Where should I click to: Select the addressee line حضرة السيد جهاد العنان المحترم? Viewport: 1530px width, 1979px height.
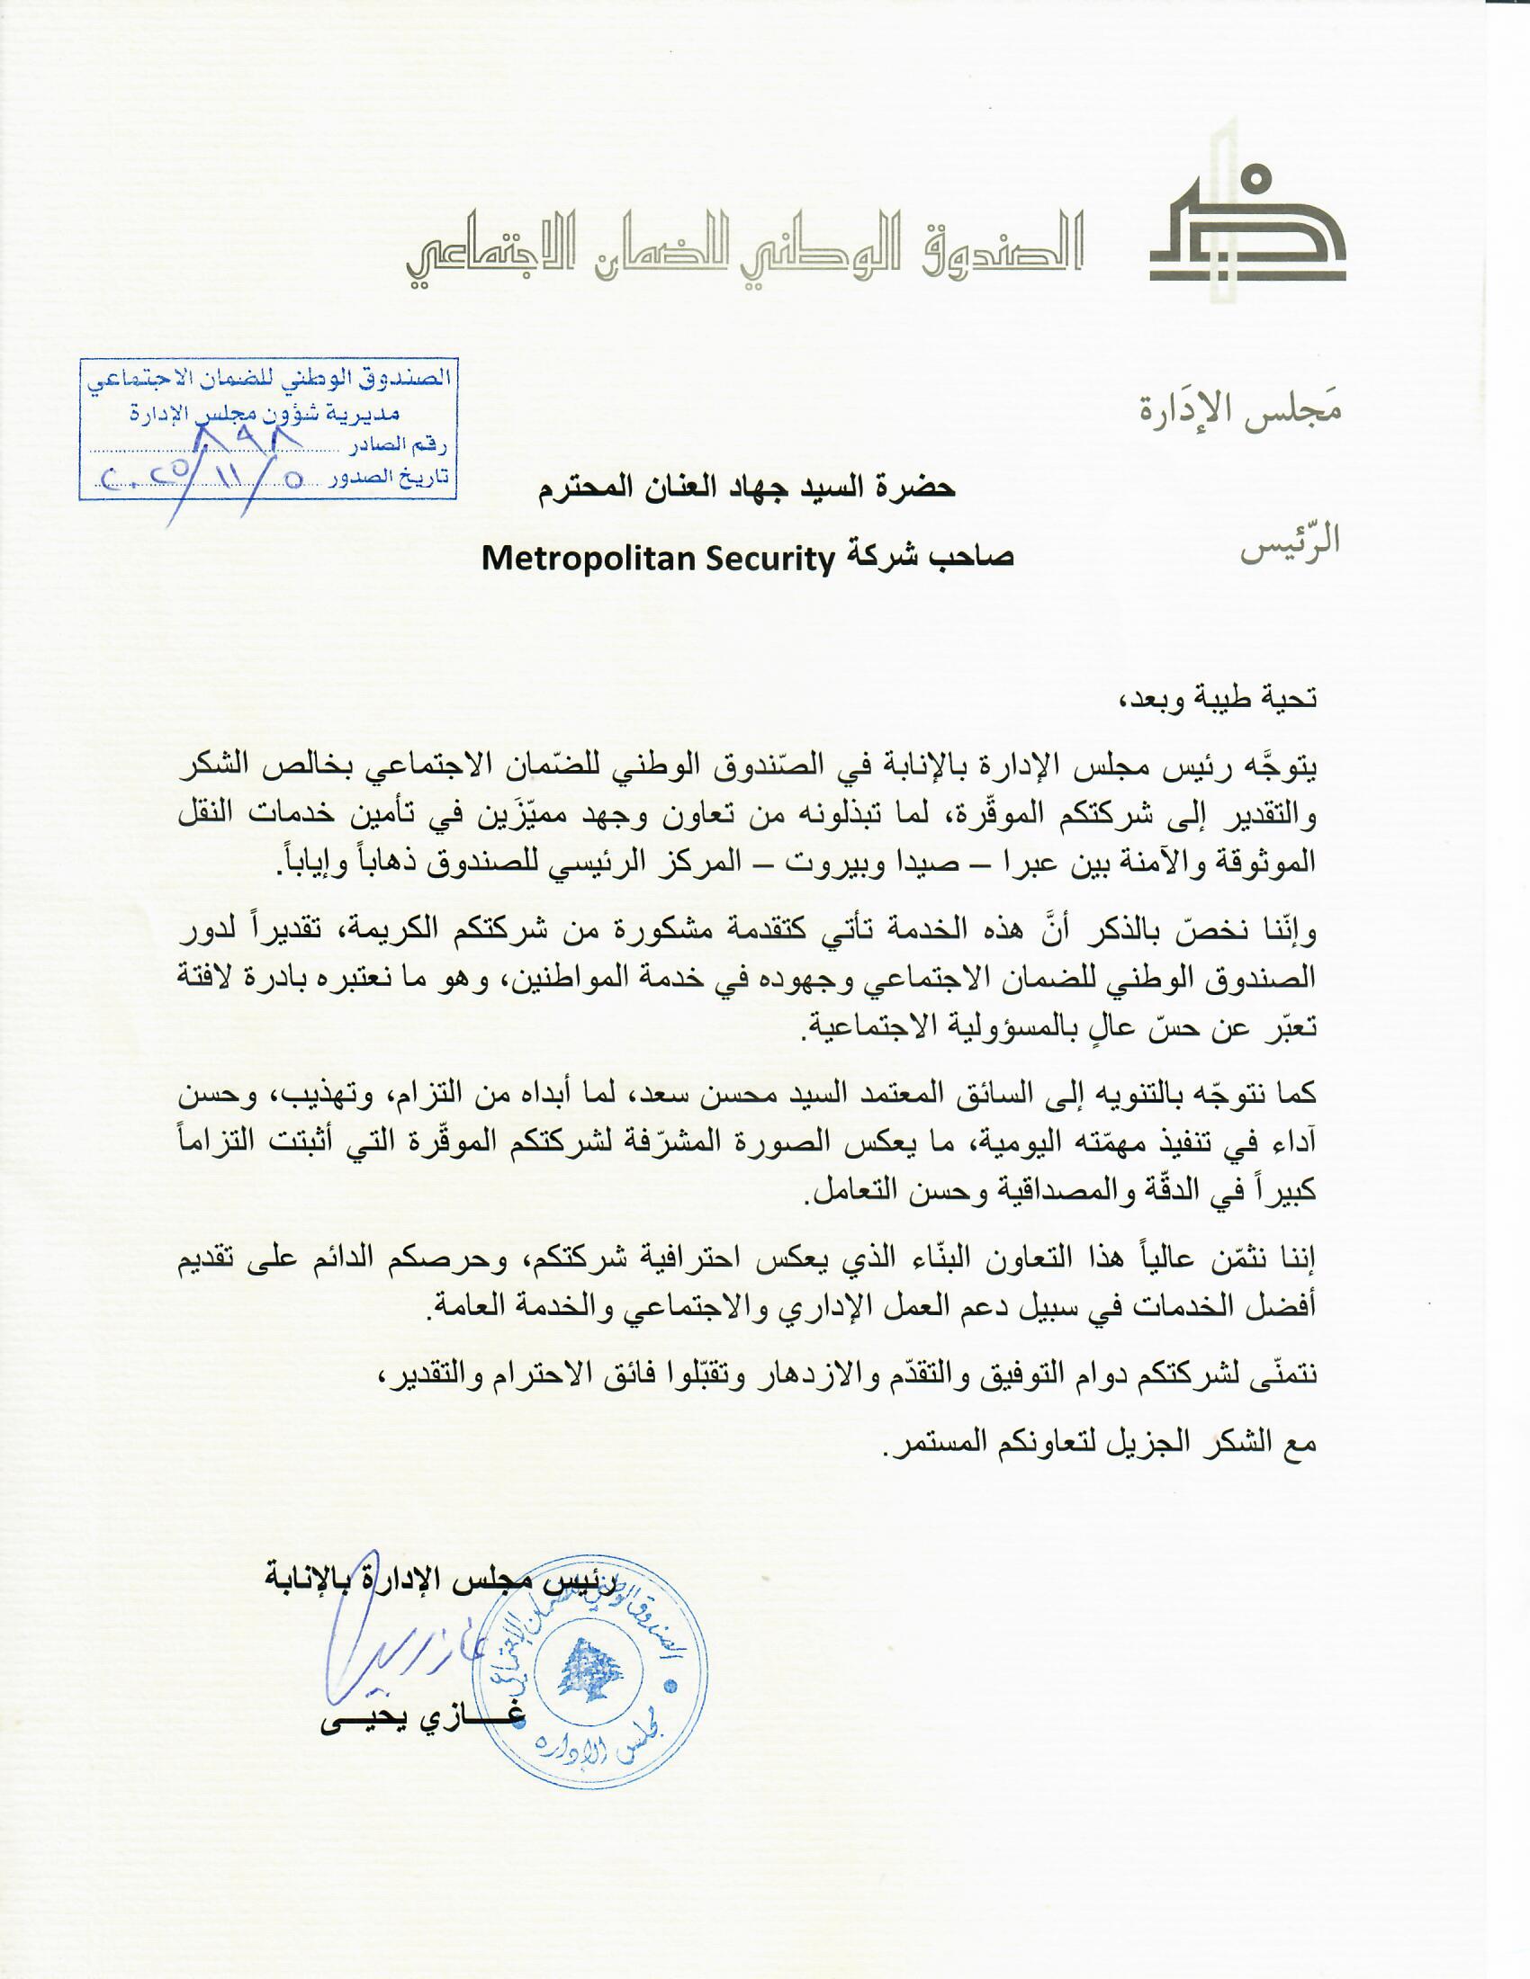coord(748,489)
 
